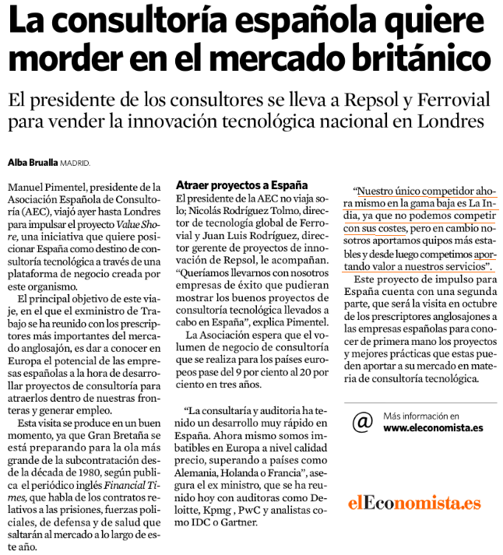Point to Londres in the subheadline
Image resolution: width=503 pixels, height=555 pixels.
445,122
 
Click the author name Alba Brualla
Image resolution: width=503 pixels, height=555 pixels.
33,163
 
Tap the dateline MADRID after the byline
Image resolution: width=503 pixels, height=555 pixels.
76,163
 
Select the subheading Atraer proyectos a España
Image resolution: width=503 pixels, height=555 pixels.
242,185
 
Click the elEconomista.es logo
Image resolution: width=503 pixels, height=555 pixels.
414,502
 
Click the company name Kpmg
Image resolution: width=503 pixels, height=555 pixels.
215,509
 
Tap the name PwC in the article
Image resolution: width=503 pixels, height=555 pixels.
251,509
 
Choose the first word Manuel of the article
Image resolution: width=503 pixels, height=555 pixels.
26,187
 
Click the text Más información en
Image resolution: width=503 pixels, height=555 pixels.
421,416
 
